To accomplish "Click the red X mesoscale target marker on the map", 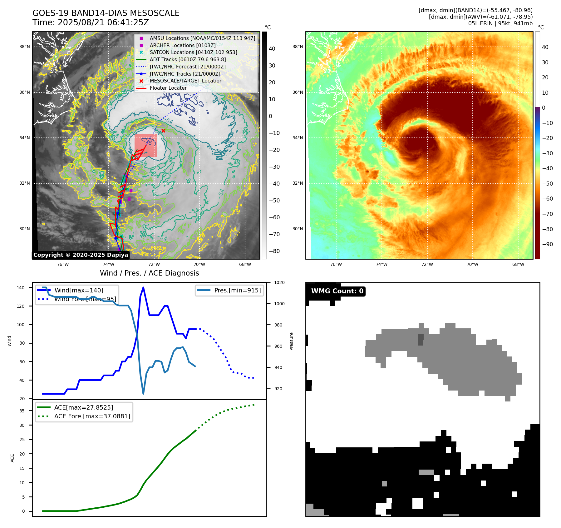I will tap(163, 131).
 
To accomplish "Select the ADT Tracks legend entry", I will tap(187, 59).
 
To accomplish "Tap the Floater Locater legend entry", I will tap(168, 88).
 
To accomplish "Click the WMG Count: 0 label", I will tap(337, 291).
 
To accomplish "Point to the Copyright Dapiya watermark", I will tap(81, 255).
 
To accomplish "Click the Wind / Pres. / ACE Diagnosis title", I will tap(149, 273).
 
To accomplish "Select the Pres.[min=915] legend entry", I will tap(237, 290).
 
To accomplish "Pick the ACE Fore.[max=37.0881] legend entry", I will tap(92, 416).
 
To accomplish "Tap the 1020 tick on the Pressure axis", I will tap(279, 283).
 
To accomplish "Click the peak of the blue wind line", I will tap(143, 287).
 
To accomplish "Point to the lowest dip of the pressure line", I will tap(143, 394).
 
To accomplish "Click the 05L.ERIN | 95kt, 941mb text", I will tap(500, 23).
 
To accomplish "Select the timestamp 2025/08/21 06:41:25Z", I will tap(103, 23).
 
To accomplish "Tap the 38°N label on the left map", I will tap(25, 47).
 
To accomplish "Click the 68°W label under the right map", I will tap(518, 264).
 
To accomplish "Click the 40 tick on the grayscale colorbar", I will tap(272, 49).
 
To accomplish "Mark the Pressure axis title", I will tap(292, 341).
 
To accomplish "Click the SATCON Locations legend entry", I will tap(193, 52).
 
